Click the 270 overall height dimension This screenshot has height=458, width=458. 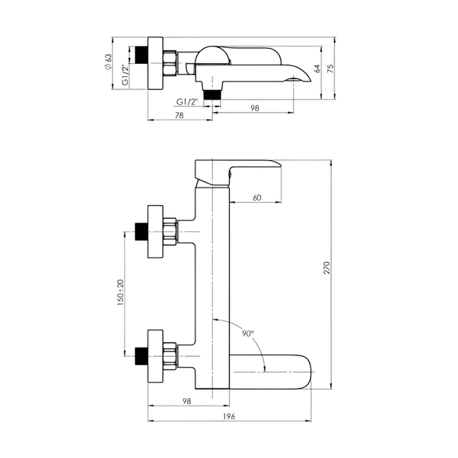tap(327, 268)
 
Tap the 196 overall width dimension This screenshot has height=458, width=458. tap(229, 416)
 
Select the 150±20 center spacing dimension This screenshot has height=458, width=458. tap(121, 293)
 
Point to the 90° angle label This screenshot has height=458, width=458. tap(248, 333)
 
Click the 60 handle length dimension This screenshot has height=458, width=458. tap(257, 198)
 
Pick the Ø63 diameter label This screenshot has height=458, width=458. tap(108, 62)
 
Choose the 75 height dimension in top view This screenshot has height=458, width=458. tap(330, 69)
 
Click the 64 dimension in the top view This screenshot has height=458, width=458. tap(317, 69)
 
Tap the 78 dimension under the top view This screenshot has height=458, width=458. tap(180, 116)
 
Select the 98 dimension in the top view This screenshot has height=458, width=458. tap(254, 108)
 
